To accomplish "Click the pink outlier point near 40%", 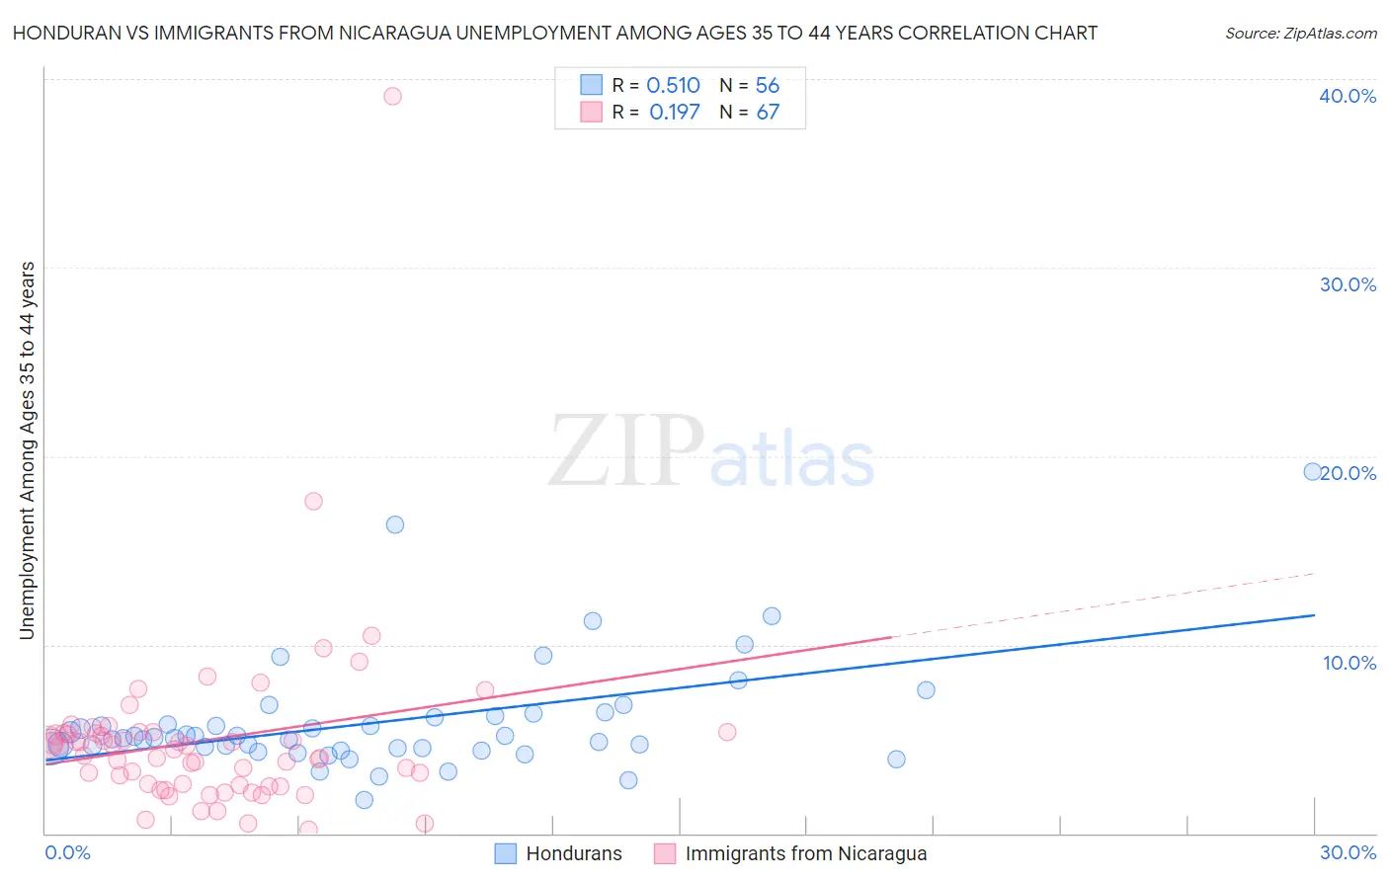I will pos(392,96).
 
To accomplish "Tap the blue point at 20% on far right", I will pos(1312,472).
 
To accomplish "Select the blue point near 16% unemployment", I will pos(395,524).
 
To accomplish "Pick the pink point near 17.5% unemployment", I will pos(313,501).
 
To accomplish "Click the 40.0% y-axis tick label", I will pos(1348,96).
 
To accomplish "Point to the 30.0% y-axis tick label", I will pos(1348,284).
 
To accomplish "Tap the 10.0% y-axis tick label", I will pos(1349,663).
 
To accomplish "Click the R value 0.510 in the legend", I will pos(673,86).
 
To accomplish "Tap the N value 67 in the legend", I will pos(768,113).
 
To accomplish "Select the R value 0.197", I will pos(674,113).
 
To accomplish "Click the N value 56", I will pos(768,86).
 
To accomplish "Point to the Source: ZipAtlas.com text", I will pos(1300,34).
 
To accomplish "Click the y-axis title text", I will pos(28,450).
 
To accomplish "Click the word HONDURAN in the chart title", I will pos(66,34).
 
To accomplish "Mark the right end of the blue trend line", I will pos(1314,615).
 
